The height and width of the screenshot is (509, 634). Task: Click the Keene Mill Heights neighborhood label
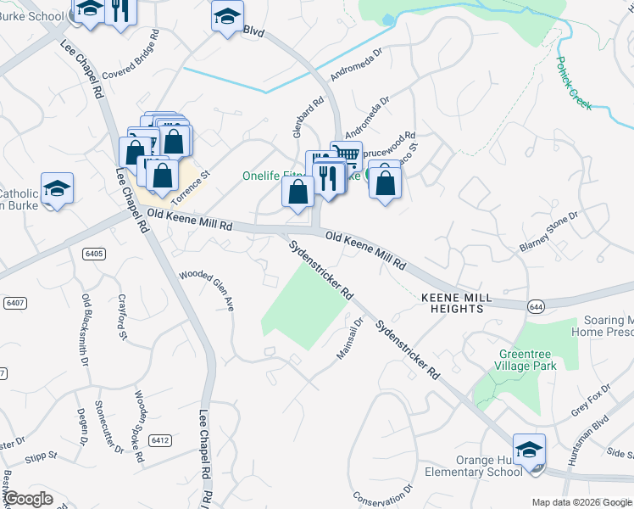click(x=453, y=304)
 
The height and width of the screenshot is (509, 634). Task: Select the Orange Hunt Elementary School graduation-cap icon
click(x=529, y=450)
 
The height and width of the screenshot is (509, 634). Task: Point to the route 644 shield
click(x=535, y=305)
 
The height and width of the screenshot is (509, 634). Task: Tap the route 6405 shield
click(x=94, y=253)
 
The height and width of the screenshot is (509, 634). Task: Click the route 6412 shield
click(x=159, y=440)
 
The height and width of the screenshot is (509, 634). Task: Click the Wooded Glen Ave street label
click(x=207, y=291)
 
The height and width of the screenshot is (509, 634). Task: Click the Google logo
click(x=28, y=499)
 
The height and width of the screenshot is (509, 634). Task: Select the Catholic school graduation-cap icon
click(x=57, y=187)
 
